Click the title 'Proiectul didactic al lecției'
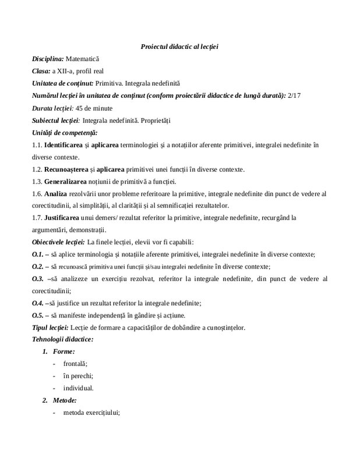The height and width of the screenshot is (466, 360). pyautogui.click(x=179, y=46)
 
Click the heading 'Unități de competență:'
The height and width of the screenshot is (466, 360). pyautogui.click(x=65, y=133)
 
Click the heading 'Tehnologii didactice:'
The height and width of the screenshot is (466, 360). pyautogui.click(x=63, y=339)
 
